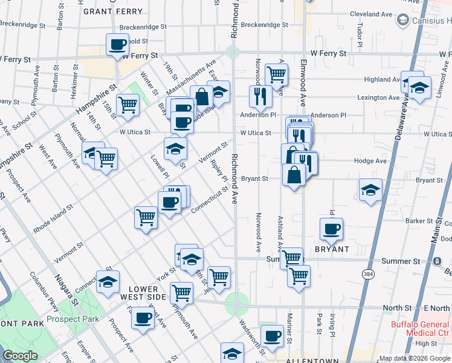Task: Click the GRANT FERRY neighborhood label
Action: [113, 11]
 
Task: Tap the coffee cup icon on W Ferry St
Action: [118, 44]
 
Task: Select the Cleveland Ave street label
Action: [371, 14]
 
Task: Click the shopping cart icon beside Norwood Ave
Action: [276, 75]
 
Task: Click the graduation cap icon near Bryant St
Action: [370, 190]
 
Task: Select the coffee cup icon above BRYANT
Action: [331, 229]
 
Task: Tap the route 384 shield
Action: [368, 275]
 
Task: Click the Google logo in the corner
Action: [21, 356]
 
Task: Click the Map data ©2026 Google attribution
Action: [414, 358]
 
